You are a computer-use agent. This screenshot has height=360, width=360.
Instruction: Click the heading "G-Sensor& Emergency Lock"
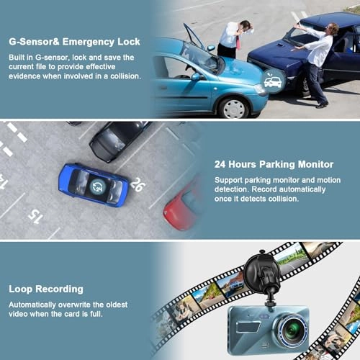pos(74,42)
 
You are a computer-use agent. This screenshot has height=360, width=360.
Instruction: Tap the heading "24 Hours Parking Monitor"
pos(274,165)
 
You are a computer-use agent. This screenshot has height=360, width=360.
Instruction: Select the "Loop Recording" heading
pos(46,289)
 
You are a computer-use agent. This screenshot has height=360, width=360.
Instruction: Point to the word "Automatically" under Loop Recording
pos(32,305)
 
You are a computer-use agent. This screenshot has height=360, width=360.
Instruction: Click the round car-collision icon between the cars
pos(273,82)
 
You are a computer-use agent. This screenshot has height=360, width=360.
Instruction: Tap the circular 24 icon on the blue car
pos(98,186)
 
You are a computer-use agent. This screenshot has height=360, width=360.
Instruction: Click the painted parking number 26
pos(138,184)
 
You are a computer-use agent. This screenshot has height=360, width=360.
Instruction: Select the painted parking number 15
pos(35,216)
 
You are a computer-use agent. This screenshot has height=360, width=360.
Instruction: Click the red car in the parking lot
pos(181,207)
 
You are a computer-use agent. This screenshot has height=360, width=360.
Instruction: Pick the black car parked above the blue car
pos(117,140)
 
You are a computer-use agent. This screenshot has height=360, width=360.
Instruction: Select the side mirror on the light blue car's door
pos(197,77)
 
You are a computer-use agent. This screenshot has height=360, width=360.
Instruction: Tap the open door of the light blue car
pos(194,36)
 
